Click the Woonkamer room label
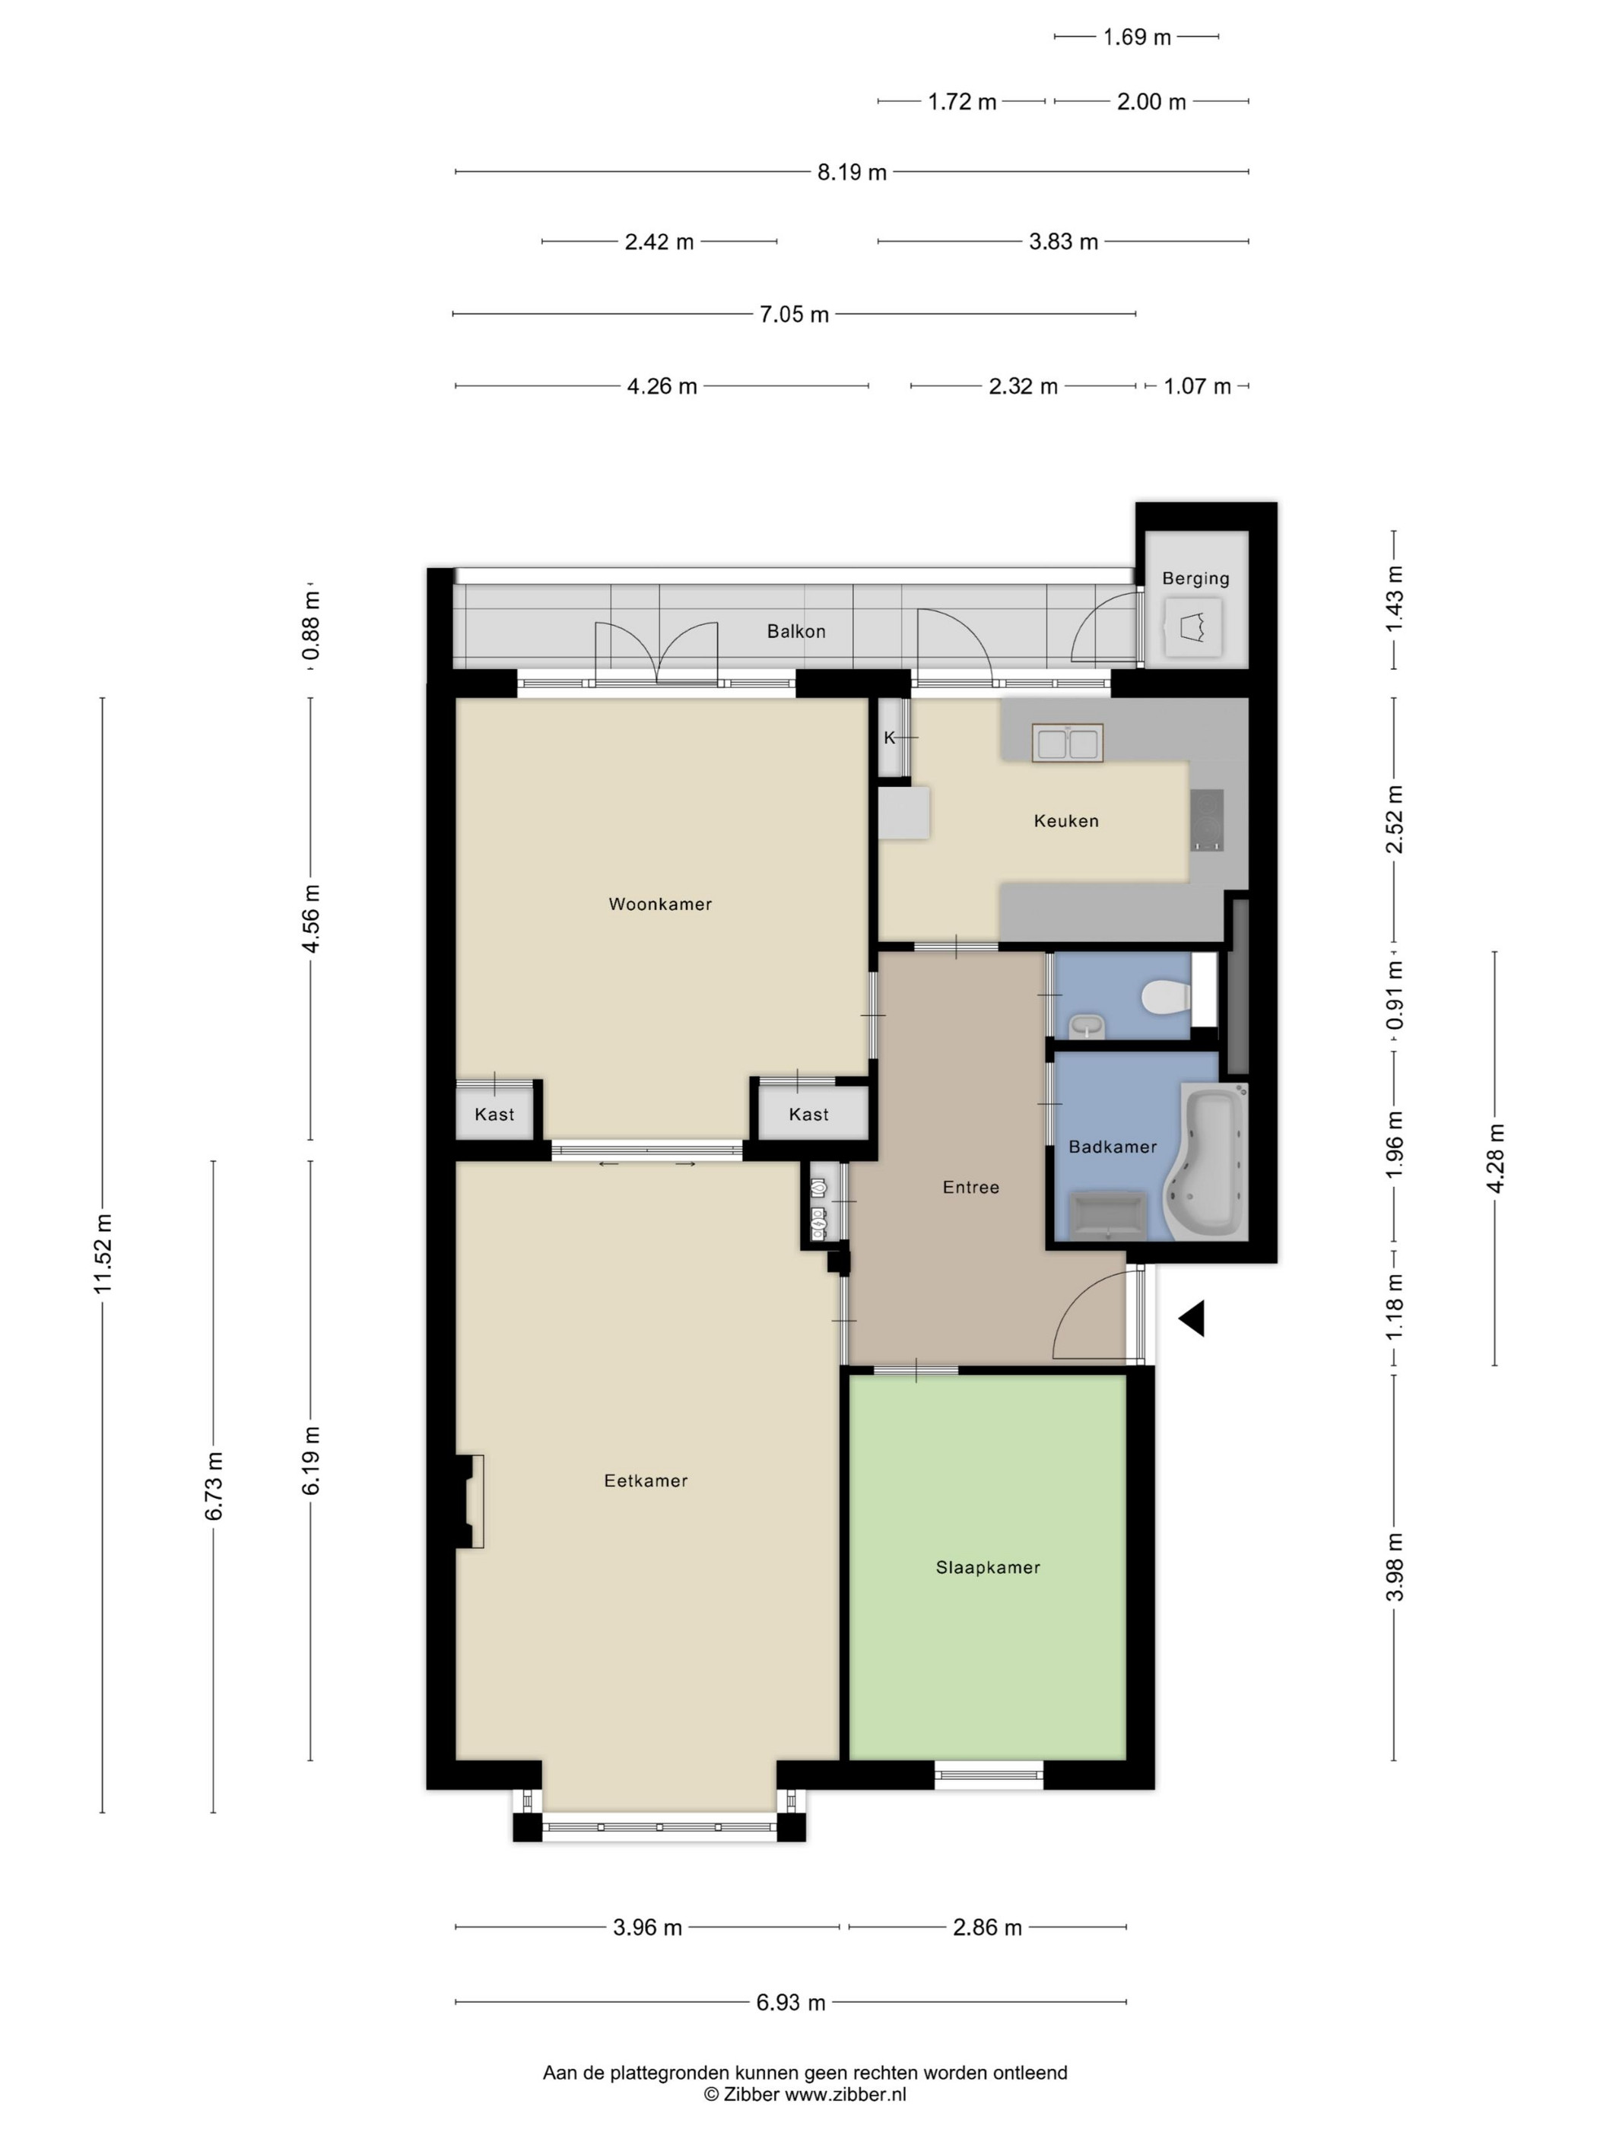tap(659, 904)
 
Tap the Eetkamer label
tap(646, 1480)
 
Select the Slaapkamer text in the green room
tap(988, 1567)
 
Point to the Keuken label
tap(1065, 821)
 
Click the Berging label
tap(1195, 579)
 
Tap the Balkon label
tap(796, 631)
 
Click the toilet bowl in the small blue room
tap(1165, 997)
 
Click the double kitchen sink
tap(1068, 743)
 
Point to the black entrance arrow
tap(1192, 1318)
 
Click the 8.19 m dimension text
tap(852, 173)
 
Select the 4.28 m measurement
tap(1495, 1158)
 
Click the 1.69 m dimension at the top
tap(1137, 37)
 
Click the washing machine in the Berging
tap(1194, 627)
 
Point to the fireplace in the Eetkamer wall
tap(470, 1502)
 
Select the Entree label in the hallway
tap(970, 1187)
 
